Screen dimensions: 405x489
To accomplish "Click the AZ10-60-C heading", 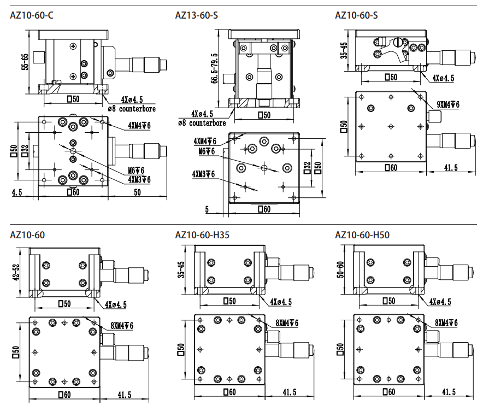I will click(x=32, y=15).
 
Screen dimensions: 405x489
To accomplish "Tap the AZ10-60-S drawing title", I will click(x=356, y=15).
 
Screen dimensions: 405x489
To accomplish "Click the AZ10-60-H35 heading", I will click(x=202, y=236).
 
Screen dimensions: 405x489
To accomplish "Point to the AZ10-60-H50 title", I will click(x=362, y=236).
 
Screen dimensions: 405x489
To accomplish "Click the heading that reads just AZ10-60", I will click(x=27, y=236).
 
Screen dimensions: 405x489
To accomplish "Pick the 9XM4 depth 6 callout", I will click(x=447, y=104).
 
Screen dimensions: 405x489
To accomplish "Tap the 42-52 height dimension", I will click(x=17, y=272).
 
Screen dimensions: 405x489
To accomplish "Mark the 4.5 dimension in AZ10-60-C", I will click(x=16, y=192).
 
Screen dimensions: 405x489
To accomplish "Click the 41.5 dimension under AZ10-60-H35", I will click(x=288, y=392).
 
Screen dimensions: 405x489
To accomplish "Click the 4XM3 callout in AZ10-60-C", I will click(x=139, y=179).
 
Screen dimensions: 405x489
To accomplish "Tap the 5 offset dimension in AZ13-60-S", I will click(x=208, y=209).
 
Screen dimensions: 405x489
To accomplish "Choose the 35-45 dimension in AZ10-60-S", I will click(x=343, y=50).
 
